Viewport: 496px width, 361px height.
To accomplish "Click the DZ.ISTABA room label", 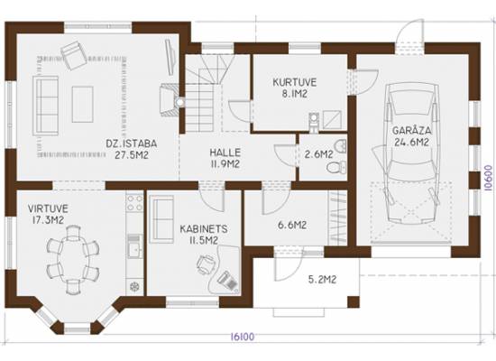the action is (132, 143).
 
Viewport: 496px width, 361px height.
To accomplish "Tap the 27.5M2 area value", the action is (132, 155).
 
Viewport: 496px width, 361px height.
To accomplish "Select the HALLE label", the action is (225, 153).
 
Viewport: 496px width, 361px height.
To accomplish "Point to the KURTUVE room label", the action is (295, 82).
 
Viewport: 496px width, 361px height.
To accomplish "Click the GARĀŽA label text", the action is (412, 130).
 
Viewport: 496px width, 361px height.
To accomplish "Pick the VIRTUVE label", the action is (48, 208).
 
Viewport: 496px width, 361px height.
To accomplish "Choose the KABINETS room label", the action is (204, 229).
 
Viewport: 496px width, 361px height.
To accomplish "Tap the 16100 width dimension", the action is (243, 337).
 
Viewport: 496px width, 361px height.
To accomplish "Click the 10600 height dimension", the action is (490, 179).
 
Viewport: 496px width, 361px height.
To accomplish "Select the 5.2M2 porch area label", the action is (322, 280).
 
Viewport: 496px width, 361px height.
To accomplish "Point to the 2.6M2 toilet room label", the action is (319, 154).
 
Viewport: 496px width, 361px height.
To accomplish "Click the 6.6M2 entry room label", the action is (292, 225).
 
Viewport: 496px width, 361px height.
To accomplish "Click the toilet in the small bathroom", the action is (336, 167).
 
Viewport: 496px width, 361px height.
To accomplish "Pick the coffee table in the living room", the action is (83, 104).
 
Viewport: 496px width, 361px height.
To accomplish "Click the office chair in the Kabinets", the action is (206, 264).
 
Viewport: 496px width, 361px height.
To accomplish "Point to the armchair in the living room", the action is (74, 55).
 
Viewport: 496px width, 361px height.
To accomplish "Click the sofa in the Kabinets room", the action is (161, 219).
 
